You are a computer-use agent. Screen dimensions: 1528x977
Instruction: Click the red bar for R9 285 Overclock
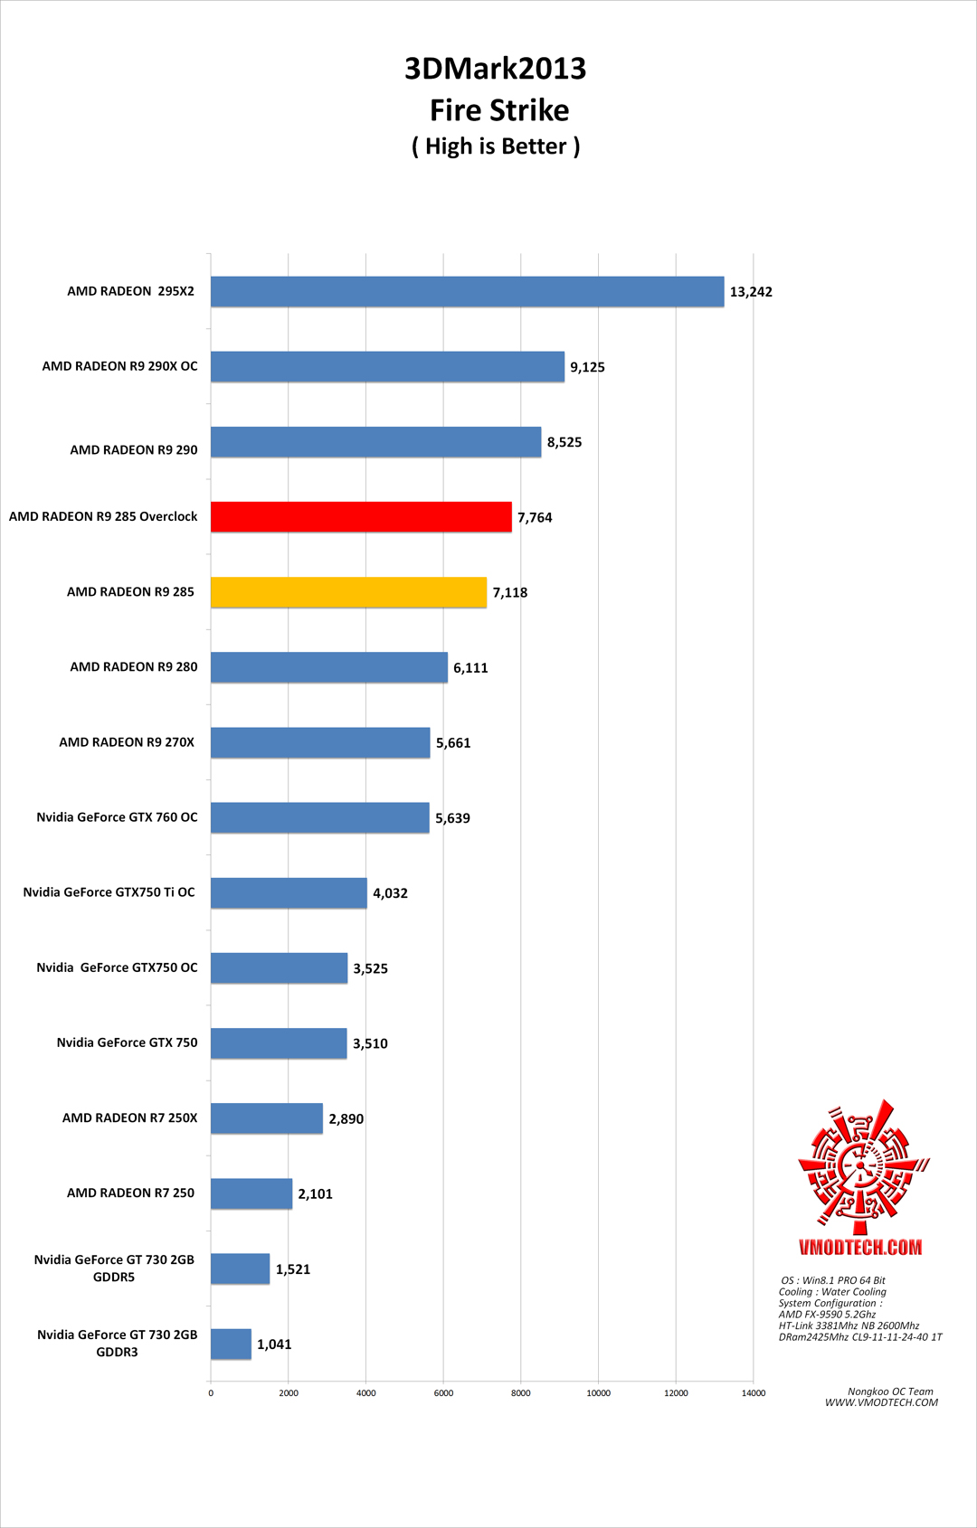coord(361,516)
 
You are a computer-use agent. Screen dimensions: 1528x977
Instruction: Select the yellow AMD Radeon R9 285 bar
coord(348,592)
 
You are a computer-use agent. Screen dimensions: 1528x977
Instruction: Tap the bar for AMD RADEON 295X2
coord(467,291)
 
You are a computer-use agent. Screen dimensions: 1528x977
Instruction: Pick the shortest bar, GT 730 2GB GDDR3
coord(231,1344)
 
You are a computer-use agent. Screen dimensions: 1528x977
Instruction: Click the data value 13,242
coord(751,292)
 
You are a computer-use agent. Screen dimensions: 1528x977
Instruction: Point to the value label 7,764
coord(535,517)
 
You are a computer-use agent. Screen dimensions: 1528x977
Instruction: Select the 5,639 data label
coord(452,818)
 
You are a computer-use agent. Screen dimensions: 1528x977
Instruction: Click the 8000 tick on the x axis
coord(521,1393)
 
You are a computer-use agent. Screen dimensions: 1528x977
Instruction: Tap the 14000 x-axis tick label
coord(754,1393)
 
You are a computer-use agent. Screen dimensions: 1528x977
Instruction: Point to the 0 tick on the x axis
coord(211,1393)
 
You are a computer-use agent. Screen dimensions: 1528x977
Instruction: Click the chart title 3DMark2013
coord(495,69)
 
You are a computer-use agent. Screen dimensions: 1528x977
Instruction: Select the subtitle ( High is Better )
coord(496,146)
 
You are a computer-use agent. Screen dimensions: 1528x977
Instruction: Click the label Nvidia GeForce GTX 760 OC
coord(117,817)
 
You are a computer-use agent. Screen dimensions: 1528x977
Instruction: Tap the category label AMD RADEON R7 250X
coord(129,1118)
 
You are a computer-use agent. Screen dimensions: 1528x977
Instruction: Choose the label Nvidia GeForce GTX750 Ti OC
coord(109,892)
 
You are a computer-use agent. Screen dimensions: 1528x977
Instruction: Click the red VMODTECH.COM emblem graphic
coord(861,1166)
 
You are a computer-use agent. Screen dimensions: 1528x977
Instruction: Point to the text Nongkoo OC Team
coord(890,1391)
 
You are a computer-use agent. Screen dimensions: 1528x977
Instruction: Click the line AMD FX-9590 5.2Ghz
coord(827,1315)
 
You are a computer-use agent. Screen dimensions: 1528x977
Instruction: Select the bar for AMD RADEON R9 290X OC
coord(387,366)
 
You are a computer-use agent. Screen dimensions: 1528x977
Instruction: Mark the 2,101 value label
coord(315,1194)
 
